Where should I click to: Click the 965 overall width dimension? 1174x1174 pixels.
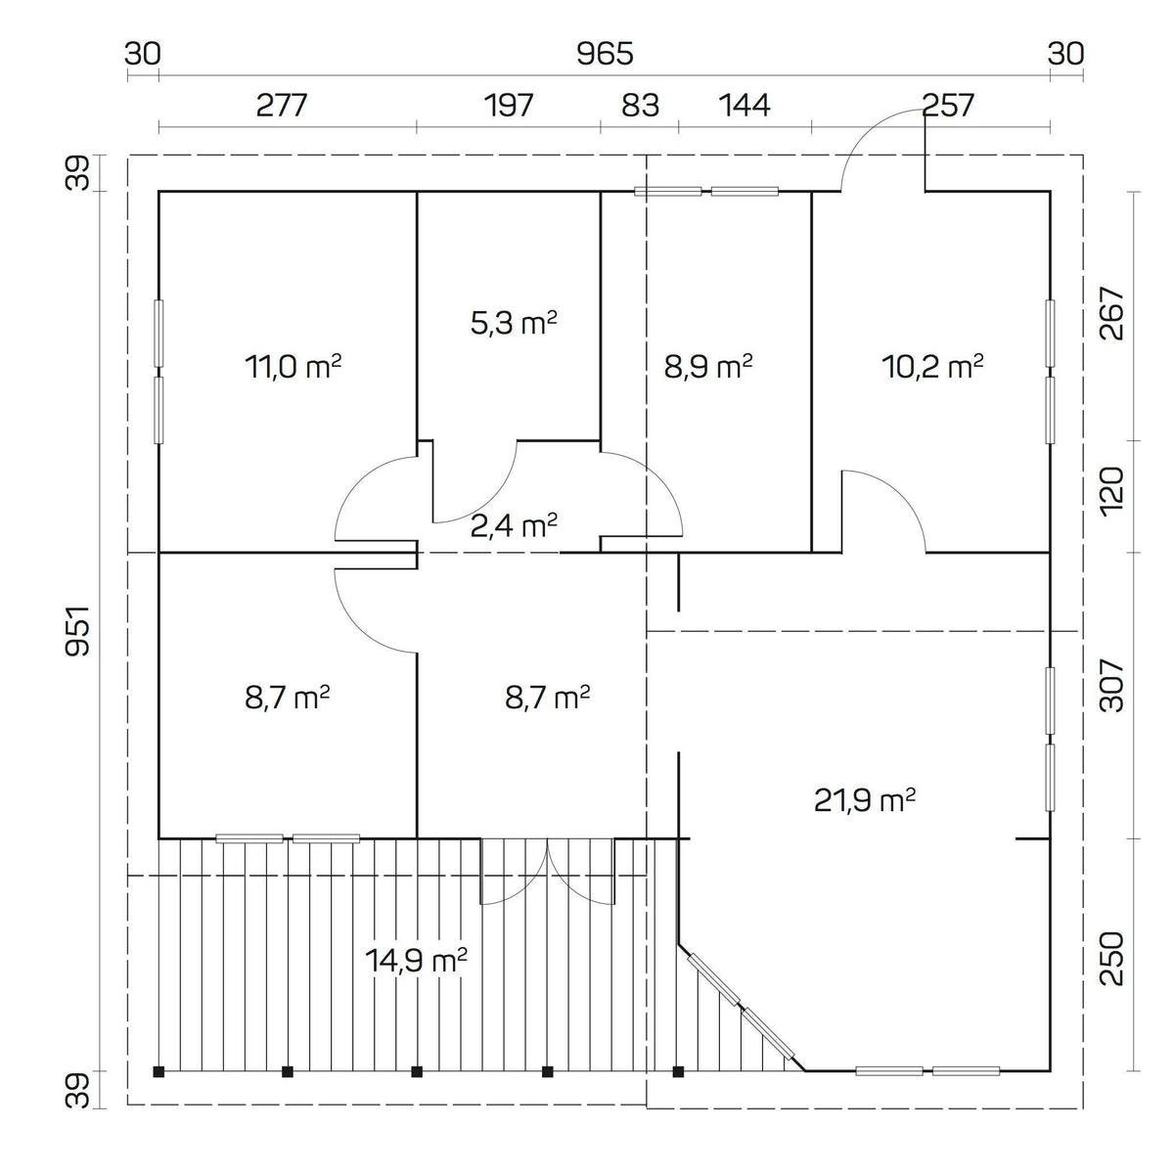point(605,54)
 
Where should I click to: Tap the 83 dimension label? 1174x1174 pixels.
point(641,105)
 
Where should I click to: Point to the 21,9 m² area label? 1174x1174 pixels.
point(865,800)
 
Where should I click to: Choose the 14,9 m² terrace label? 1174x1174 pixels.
point(416,960)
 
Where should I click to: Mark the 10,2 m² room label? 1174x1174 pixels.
point(932,367)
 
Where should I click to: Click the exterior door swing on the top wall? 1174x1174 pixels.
point(880,147)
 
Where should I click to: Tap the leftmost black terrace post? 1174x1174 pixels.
point(159,1070)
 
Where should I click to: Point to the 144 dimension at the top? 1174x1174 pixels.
point(745,105)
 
